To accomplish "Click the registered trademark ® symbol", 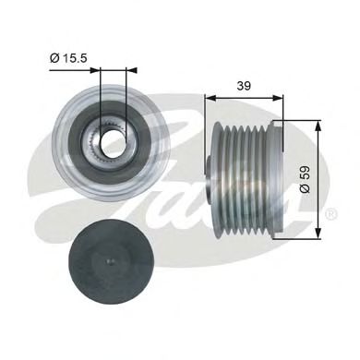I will click(330, 214).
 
